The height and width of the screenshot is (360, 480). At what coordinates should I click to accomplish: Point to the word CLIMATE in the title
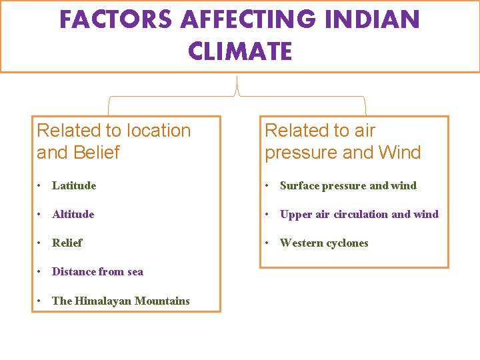pos(240,51)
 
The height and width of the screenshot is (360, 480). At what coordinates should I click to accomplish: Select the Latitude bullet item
pos(74,185)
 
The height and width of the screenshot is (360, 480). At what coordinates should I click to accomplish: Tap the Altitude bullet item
pos(73,214)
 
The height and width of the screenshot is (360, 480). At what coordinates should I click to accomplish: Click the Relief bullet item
pos(67,243)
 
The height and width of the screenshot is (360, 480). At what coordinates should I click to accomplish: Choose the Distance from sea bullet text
pos(97,271)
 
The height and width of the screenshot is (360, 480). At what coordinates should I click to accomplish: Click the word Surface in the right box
pos(299,185)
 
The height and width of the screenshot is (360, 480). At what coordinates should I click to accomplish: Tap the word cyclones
pos(347,243)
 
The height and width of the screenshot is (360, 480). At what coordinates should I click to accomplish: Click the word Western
pos(301,243)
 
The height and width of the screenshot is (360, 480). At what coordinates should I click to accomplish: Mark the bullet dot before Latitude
pos(41,185)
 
